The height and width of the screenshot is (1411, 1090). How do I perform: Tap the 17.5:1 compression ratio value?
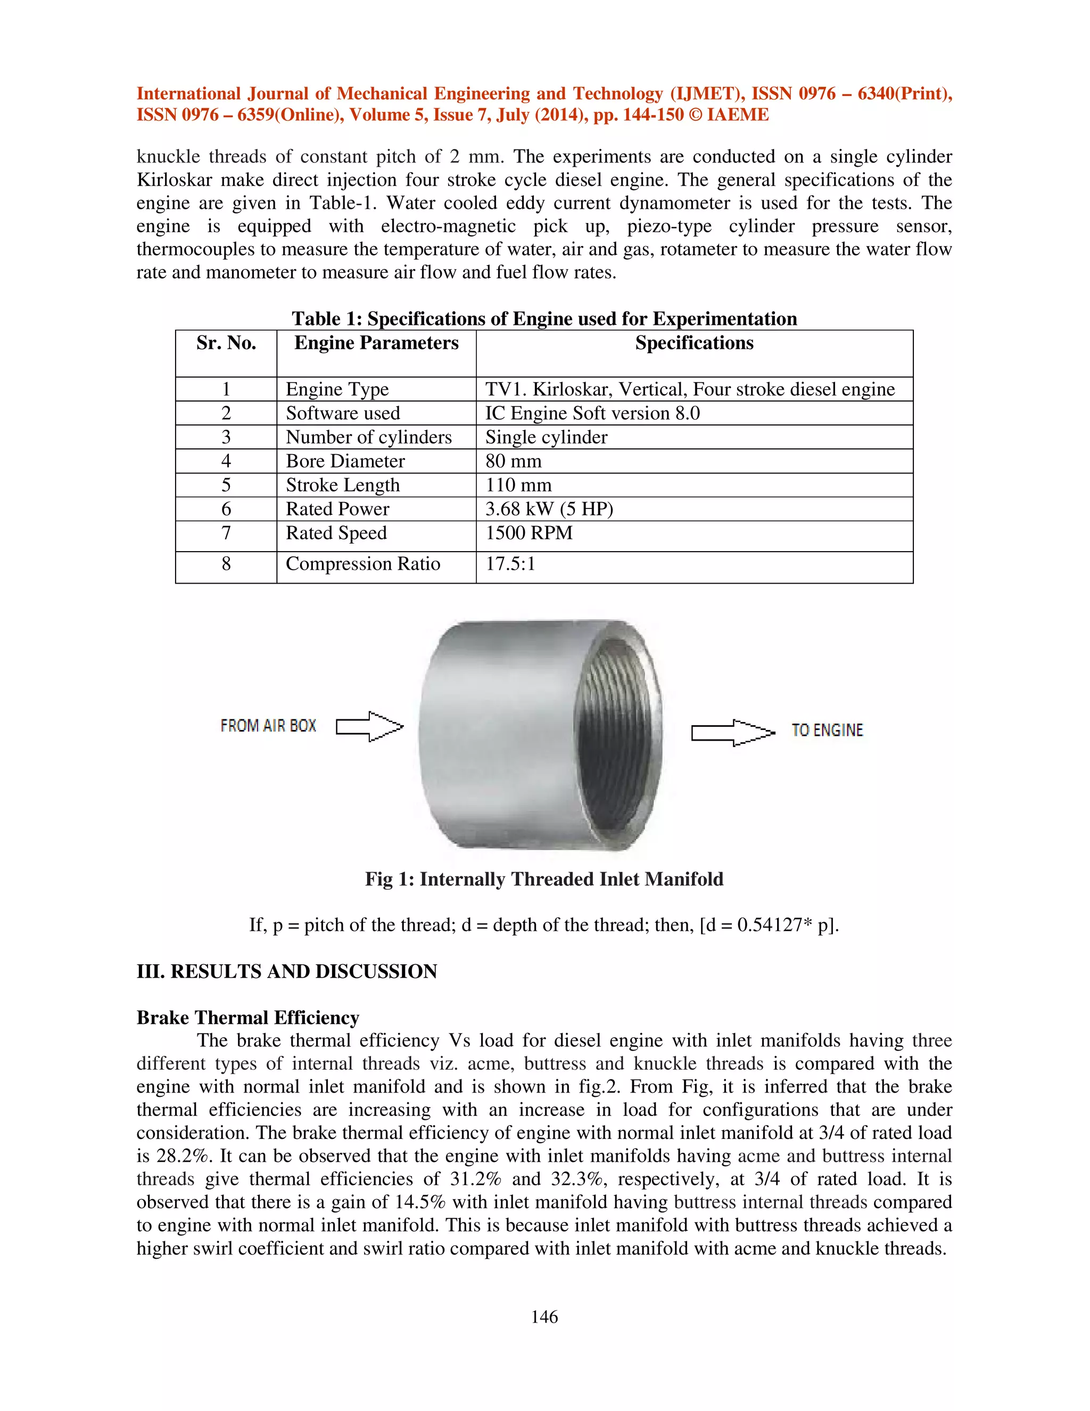pyautogui.click(x=510, y=564)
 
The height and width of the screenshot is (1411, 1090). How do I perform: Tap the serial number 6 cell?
pyautogui.click(x=226, y=509)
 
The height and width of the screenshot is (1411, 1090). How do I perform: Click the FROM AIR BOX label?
pyautogui.click(x=268, y=726)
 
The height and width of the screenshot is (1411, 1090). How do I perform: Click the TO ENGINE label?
pyautogui.click(x=827, y=731)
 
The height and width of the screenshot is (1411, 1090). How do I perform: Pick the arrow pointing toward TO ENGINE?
pyautogui.click(x=733, y=733)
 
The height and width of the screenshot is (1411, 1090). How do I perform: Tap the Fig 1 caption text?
pyautogui.click(x=544, y=879)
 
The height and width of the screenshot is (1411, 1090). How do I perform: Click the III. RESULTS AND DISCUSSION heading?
pyautogui.click(x=287, y=972)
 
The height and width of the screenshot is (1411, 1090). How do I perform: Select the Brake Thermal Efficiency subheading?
pyautogui.click(x=247, y=1018)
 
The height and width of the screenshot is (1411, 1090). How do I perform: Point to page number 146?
pyautogui.click(x=544, y=1317)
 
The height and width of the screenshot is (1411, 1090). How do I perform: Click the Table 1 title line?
pyautogui.click(x=544, y=319)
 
